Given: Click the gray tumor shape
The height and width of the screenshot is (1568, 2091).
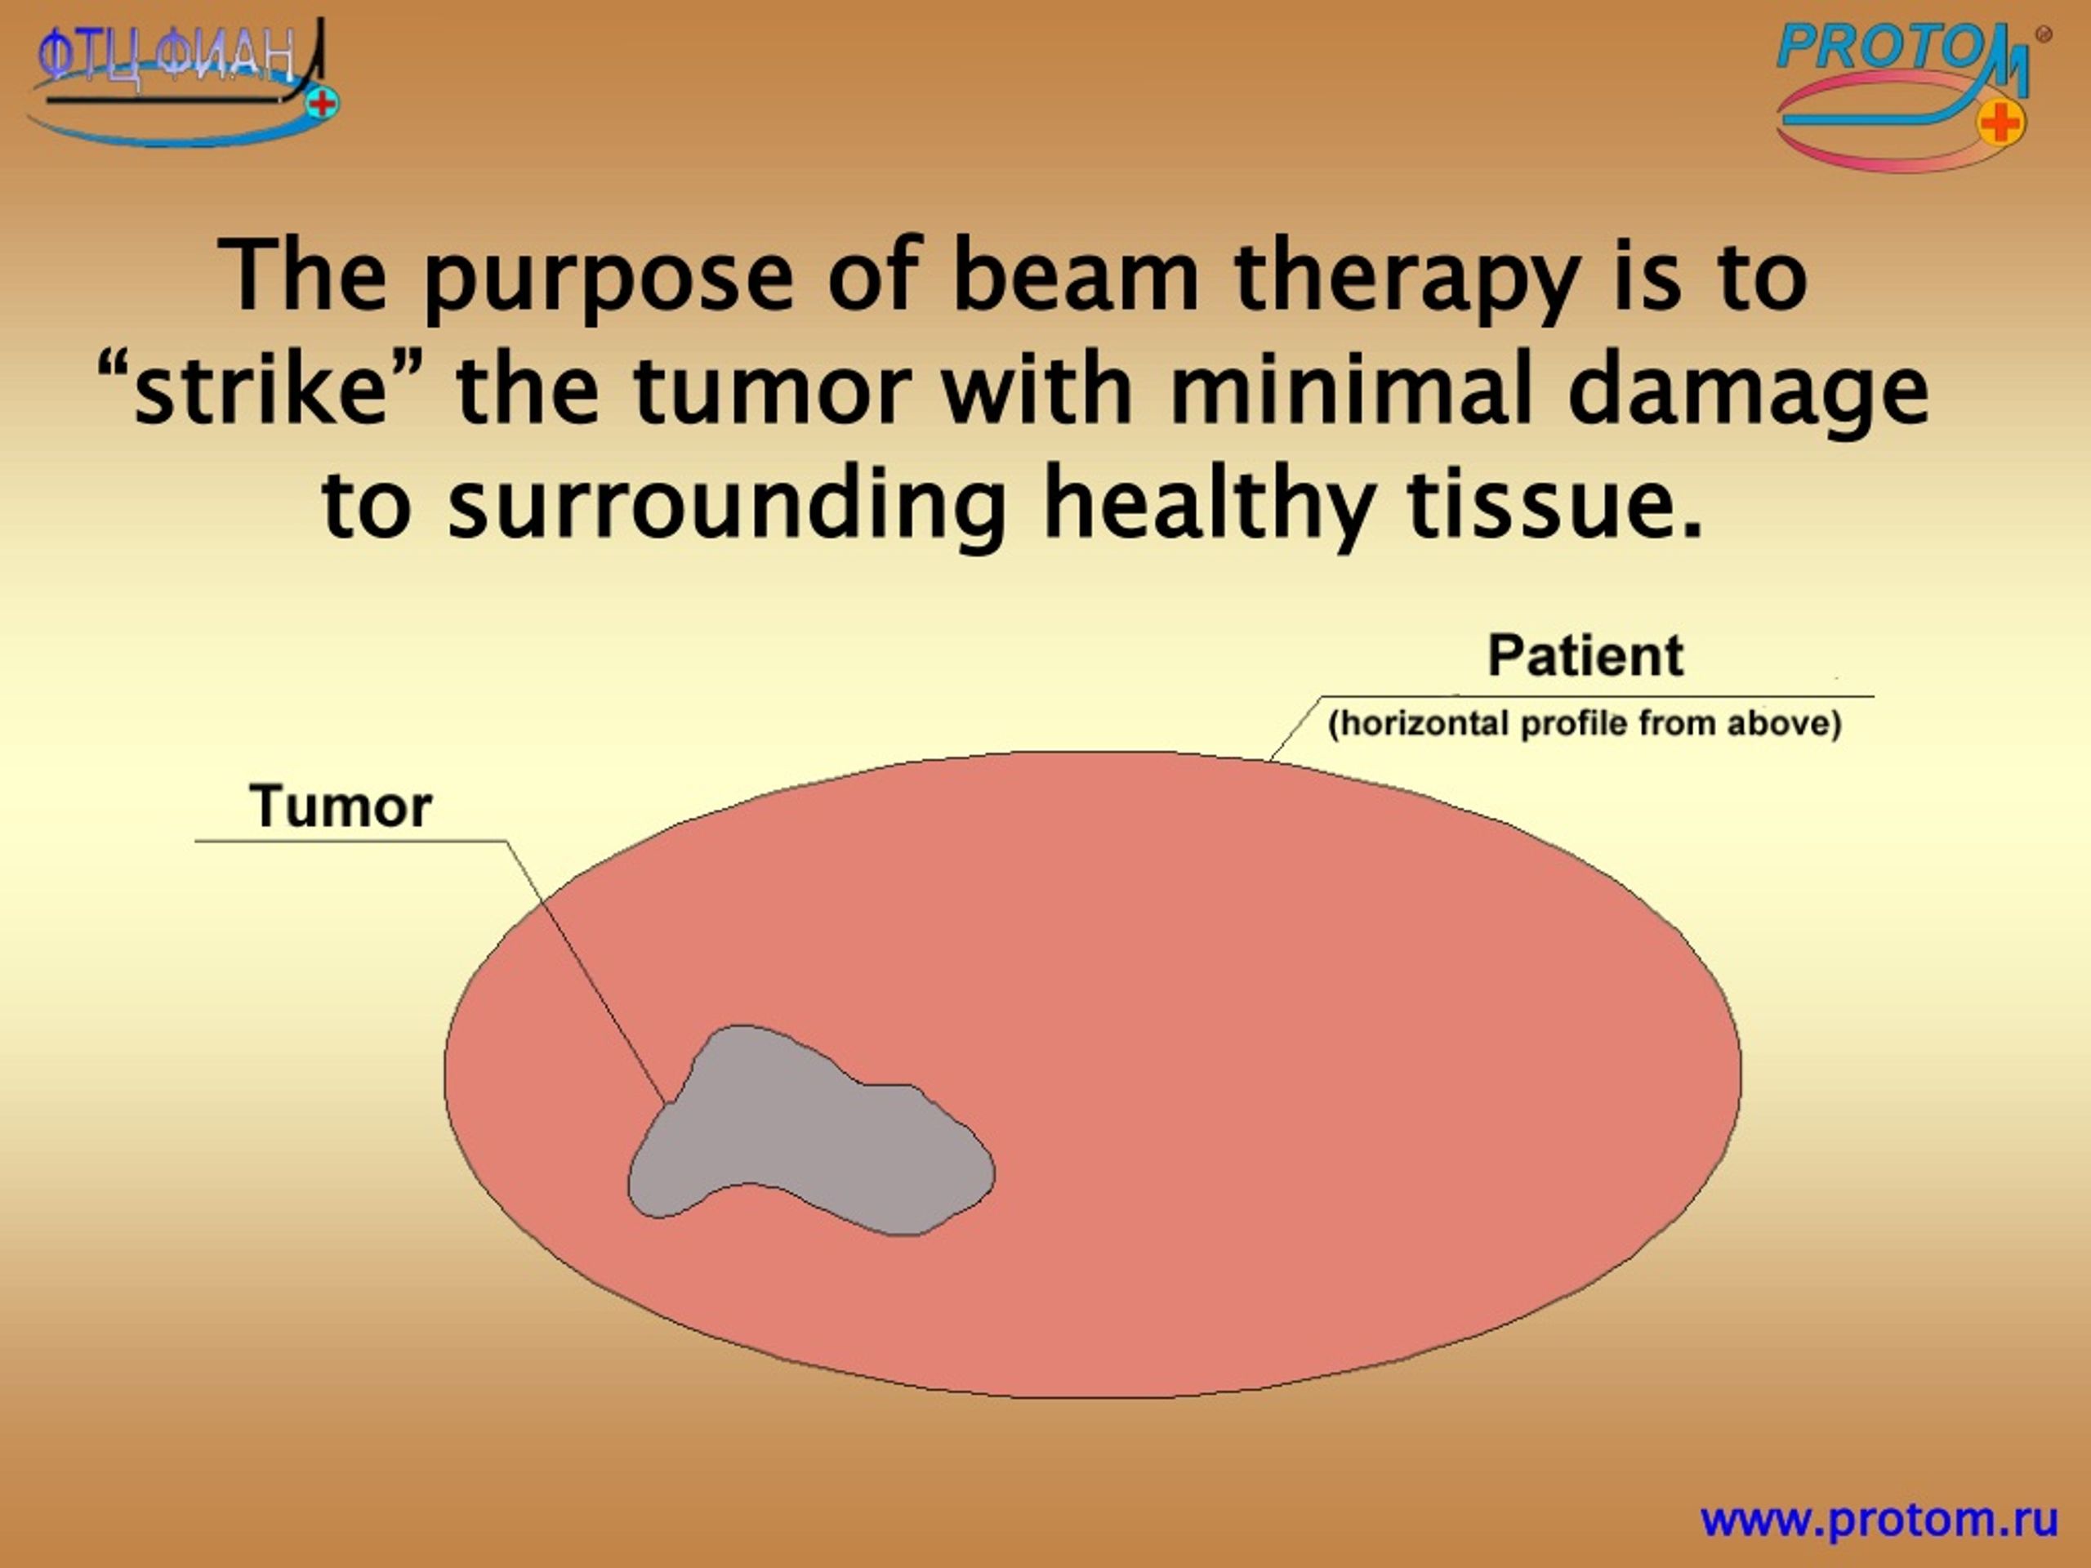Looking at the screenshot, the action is click(x=804, y=1135).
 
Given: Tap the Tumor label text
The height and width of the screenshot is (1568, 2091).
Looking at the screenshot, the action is click(x=341, y=807).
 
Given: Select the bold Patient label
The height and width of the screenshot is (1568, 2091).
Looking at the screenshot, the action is click(x=1585, y=655).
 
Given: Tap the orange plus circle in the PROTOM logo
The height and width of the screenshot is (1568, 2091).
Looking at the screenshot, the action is click(x=2000, y=123).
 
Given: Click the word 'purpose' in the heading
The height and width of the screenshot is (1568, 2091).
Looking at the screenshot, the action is click(x=607, y=279).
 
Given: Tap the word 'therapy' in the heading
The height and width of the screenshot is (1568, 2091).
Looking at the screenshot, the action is click(x=1406, y=279).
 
